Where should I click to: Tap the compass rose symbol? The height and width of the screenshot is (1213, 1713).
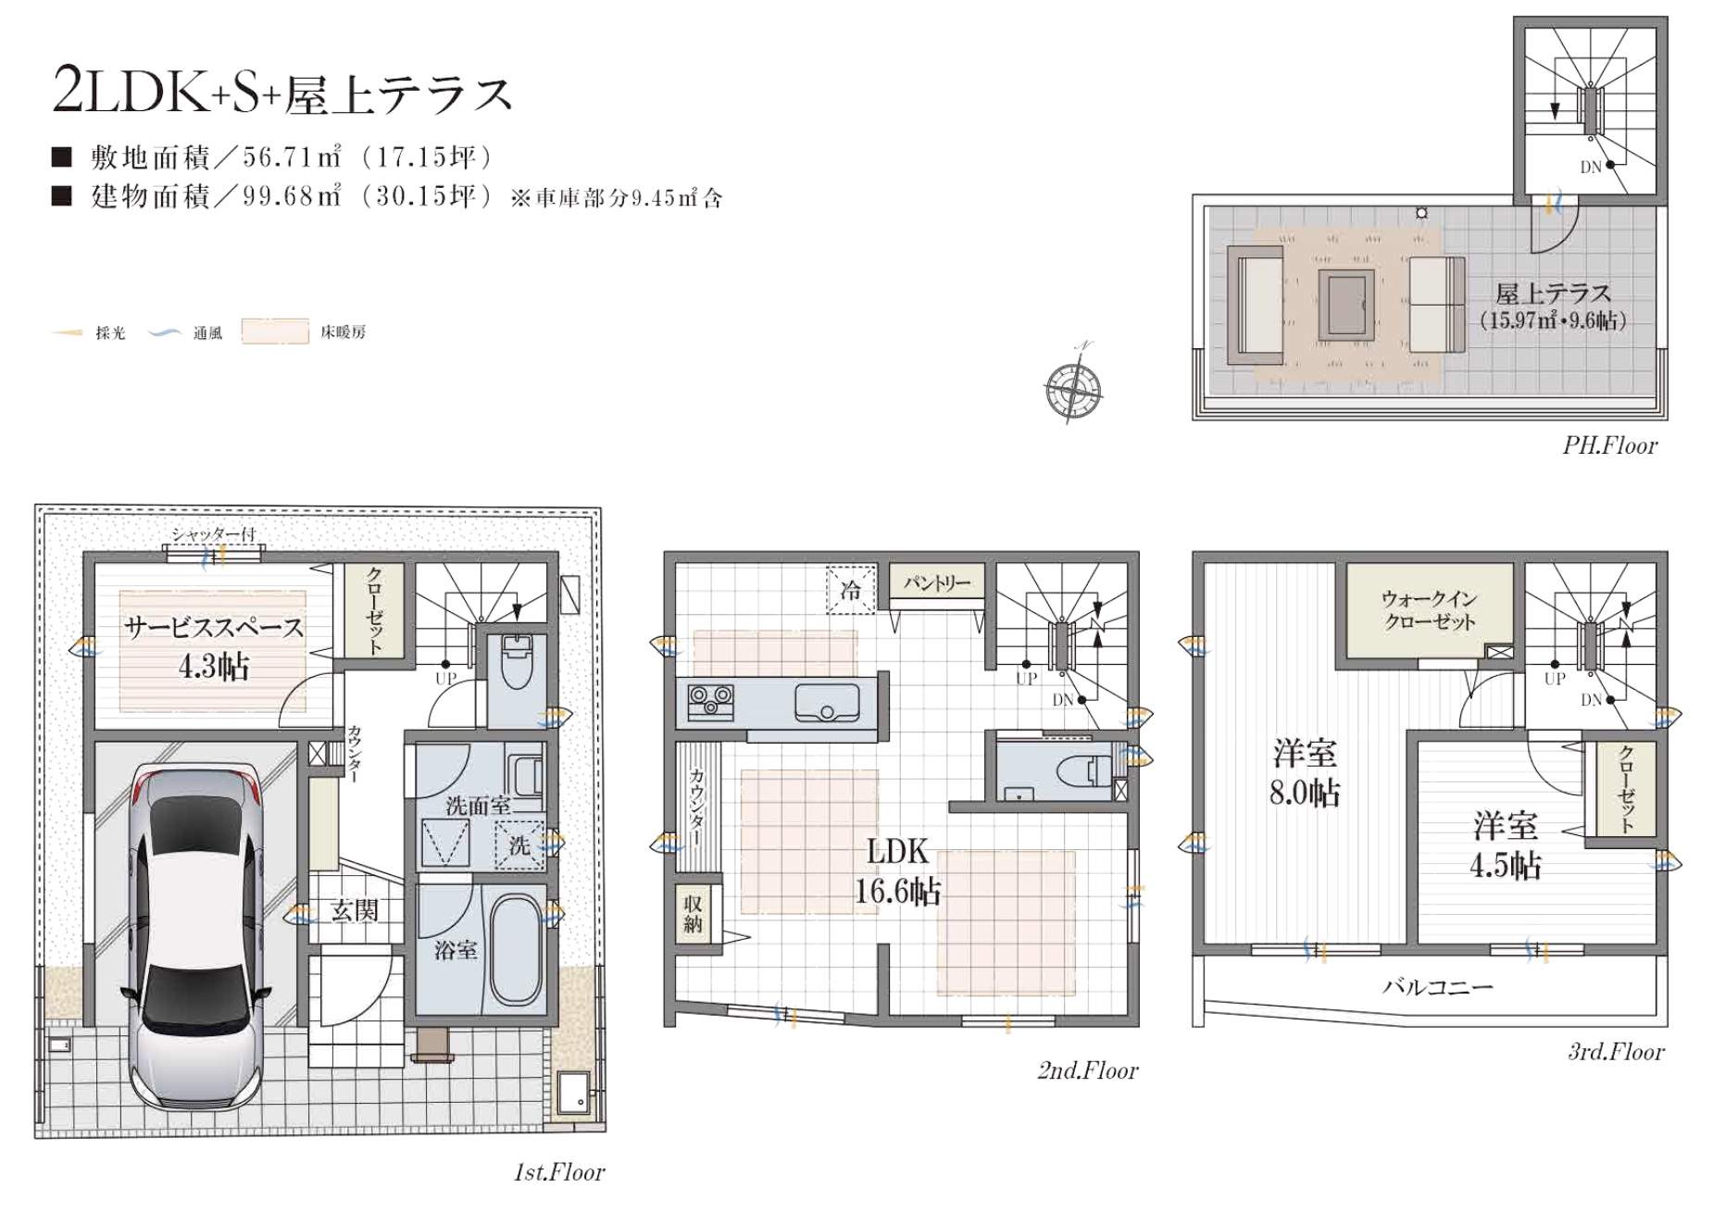[1073, 386]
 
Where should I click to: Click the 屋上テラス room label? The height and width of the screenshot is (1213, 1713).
[1553, 294]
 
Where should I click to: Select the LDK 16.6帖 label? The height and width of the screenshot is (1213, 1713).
[896, 871]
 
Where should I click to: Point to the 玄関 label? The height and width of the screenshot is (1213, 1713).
[355, 911]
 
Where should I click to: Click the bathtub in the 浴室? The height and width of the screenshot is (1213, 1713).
[517, 949]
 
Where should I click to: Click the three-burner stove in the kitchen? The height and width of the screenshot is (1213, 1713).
[711, 700]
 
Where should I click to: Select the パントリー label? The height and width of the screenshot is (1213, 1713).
[937, 582]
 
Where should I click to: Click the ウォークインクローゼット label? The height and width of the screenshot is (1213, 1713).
[1429, 610]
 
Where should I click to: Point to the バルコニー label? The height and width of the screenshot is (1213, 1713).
[1437, 987]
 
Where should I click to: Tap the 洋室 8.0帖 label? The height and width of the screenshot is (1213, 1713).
[1304, 773]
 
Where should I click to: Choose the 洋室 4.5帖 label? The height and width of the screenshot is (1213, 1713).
[1506, 844]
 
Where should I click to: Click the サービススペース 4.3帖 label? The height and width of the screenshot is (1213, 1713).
[214, 645]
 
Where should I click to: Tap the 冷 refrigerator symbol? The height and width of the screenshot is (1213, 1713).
[851, 589]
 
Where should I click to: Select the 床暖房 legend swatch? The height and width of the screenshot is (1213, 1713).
[275, 331]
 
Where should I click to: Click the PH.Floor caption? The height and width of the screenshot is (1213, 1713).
[1609, 445]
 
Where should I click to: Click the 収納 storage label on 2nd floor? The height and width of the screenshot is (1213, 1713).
[693, 914]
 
